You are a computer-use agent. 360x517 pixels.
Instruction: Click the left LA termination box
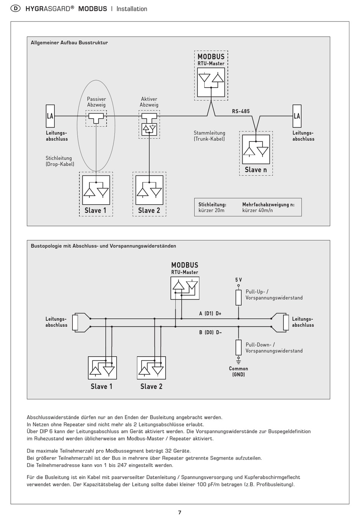(50, 116)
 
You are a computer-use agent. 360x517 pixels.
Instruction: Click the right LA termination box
(297, 116)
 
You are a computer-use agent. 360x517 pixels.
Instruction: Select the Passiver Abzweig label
(97, 102)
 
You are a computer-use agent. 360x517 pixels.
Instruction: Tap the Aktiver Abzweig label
(149, 102)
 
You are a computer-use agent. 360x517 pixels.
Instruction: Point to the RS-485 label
(241, 111)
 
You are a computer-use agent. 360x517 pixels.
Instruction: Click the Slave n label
(256, 170)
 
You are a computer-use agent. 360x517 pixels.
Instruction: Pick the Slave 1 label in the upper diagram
(95, 210)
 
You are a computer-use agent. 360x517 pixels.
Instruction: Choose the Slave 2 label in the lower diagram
(151, 386)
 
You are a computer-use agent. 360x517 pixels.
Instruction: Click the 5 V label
(239, 280)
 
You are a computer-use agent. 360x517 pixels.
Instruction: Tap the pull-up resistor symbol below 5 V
(239, 298)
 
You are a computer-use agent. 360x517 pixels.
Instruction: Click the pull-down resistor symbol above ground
(239, 347)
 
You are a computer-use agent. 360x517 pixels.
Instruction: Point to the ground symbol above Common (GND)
(239, 361)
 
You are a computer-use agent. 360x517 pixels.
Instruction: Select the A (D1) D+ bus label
(210, 313)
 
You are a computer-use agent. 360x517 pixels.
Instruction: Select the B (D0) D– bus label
(210, 332)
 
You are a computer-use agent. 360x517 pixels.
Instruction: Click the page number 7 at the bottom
(180, 512)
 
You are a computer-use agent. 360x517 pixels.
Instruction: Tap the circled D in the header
(16, 9)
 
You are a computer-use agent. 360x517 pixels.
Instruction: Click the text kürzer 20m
(211, 210)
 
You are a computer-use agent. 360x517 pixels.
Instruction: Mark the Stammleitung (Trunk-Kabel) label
(209, 136)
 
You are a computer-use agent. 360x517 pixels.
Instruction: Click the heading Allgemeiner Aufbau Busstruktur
(69, 43)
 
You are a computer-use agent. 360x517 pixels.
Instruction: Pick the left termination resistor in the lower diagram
(75, 323)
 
